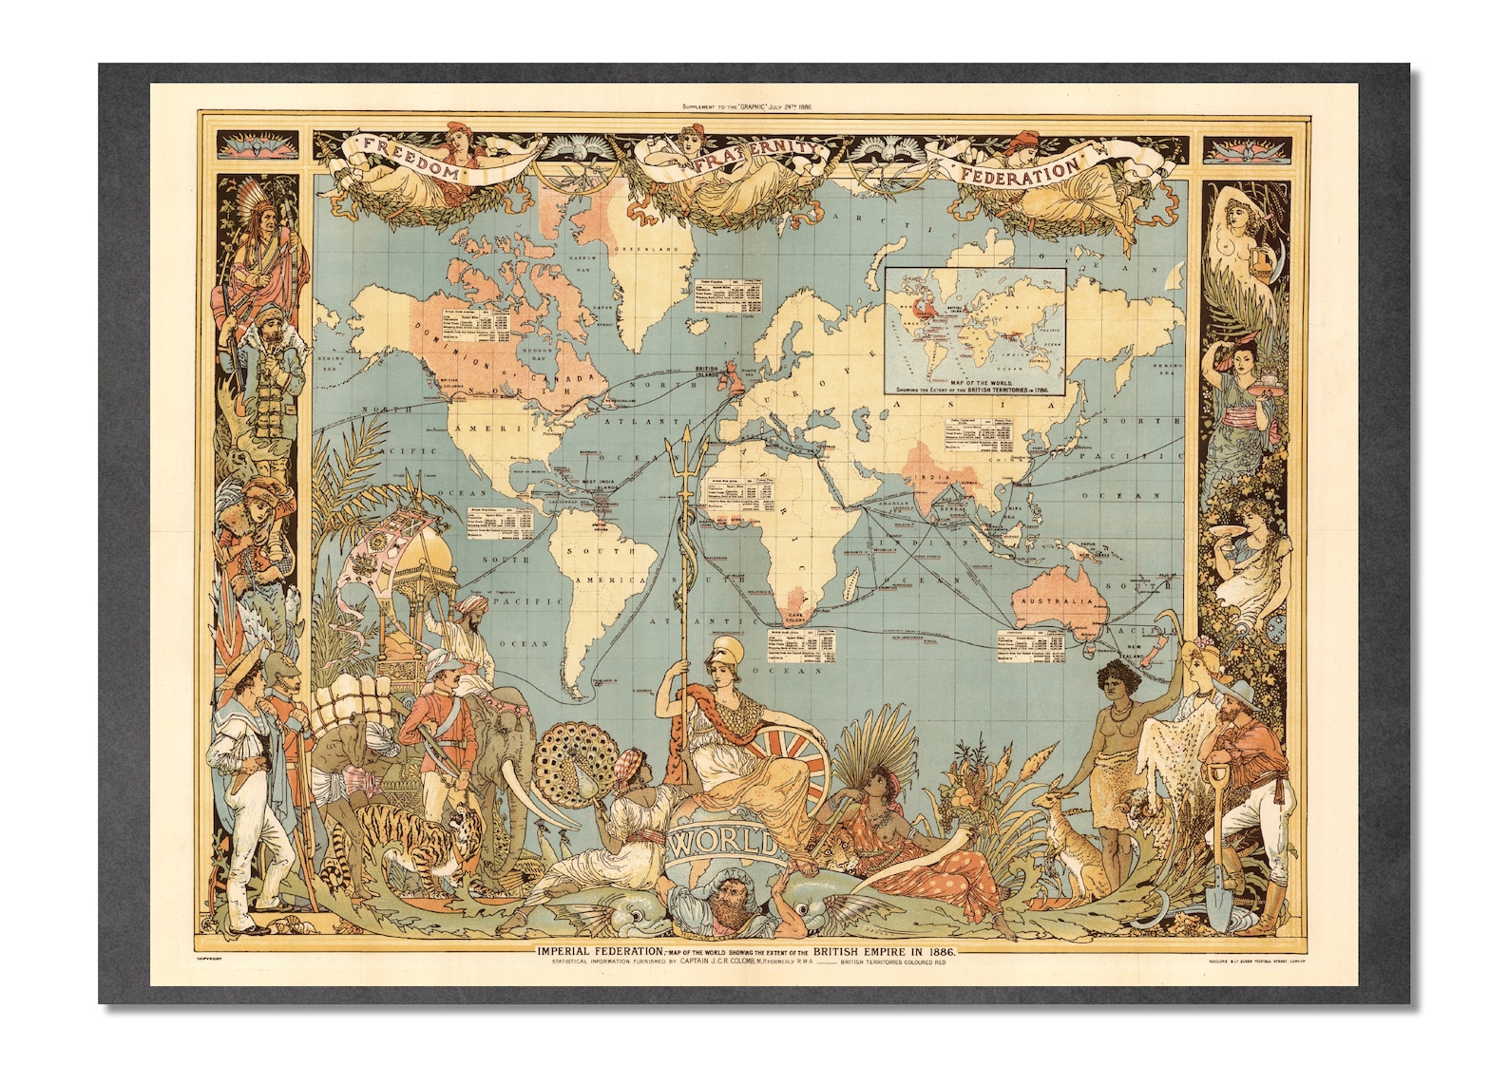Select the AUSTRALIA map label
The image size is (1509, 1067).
point(1058,601)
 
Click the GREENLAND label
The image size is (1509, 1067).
point(652,249)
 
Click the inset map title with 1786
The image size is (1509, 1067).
point(975,386)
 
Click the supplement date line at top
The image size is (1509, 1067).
point(746,107)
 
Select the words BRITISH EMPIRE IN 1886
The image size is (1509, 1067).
point(884,950)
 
